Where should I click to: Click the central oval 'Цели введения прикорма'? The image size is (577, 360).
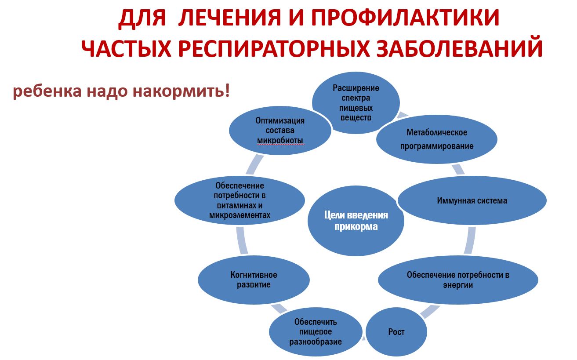356,221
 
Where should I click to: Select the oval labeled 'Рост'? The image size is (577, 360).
396,332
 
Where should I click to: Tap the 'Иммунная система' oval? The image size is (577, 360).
472,200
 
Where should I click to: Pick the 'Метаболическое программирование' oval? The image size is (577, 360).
437,139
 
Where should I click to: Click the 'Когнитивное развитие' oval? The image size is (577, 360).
254,280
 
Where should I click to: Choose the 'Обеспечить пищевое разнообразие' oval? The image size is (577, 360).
316,332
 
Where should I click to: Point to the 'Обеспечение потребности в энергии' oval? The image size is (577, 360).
458,280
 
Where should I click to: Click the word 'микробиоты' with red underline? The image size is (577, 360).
280,141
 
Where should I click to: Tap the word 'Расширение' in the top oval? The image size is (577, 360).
356,88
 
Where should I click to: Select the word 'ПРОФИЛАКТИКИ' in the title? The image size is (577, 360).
405,18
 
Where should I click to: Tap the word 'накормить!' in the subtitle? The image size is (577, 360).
181,91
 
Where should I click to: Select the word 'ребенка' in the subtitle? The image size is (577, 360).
47,91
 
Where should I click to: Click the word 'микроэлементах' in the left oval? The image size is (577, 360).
240,215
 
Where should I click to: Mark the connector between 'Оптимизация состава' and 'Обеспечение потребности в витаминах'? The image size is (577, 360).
254,165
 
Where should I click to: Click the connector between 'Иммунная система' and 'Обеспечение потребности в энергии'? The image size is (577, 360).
470,240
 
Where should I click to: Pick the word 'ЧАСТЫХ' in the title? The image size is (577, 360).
126,48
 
